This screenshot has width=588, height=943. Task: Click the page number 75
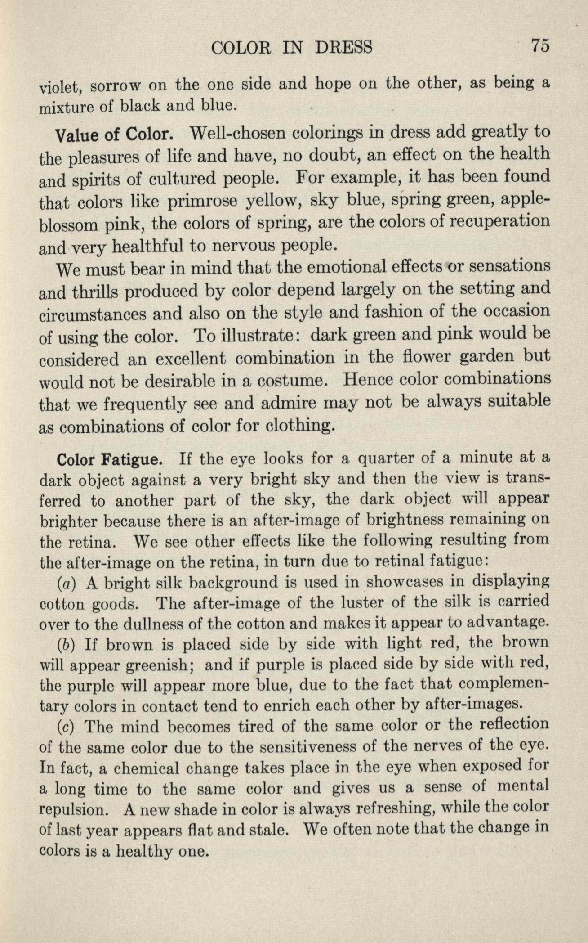pyautogui.click(x=540, y=46)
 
